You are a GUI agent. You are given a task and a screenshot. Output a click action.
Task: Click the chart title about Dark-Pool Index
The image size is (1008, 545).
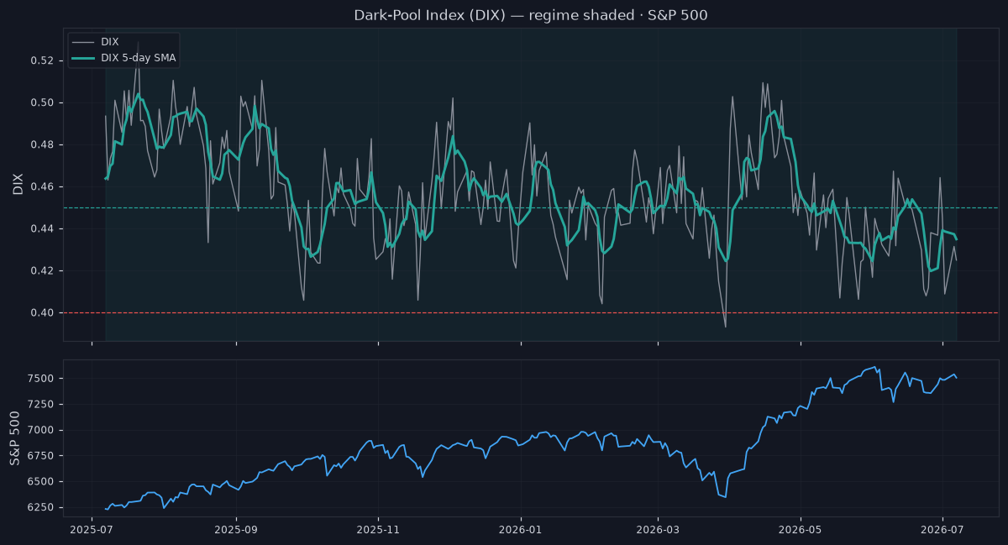pos(531,15)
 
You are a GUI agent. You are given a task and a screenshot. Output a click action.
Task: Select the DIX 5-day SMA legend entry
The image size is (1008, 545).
pos(124,58)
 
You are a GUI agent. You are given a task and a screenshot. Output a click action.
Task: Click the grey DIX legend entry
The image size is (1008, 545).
pos(96,42)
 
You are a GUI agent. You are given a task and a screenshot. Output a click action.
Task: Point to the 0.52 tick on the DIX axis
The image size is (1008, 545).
pos(42,60)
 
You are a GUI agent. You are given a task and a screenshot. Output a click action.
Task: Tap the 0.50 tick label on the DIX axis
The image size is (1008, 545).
pos(42,102)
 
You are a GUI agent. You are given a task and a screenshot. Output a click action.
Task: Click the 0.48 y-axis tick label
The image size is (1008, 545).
pos(42,145)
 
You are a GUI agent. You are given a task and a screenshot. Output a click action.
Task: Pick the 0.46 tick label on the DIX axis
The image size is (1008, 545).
pos(42,186)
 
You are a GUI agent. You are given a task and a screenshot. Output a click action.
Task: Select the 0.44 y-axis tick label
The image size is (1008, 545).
pos(42,228)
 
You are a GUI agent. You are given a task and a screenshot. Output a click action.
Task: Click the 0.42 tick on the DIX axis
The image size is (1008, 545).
pos(42,271)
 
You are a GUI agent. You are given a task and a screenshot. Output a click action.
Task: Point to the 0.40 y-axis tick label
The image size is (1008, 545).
pos(42,312)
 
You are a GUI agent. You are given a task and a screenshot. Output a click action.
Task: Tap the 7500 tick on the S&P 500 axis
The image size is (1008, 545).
pos(40,379)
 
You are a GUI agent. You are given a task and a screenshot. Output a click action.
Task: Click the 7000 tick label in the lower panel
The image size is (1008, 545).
pos(40,430)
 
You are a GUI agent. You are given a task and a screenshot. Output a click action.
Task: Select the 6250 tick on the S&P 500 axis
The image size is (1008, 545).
pos(40,507)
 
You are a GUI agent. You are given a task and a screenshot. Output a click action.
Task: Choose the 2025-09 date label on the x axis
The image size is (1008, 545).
pos(236,530)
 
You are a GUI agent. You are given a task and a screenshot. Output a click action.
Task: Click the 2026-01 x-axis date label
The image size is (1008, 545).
pos(521,530)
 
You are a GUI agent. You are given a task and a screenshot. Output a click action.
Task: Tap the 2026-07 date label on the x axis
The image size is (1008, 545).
pos(942,530)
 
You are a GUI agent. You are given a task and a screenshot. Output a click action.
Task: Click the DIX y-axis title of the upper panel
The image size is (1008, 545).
pos(18,184)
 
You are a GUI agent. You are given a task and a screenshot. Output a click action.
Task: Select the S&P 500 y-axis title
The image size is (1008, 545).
pos(15,438)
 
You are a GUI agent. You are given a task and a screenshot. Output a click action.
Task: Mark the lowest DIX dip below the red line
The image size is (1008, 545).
pos(726,326)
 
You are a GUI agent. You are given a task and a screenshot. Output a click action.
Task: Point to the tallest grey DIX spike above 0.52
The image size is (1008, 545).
pos(138,43)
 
